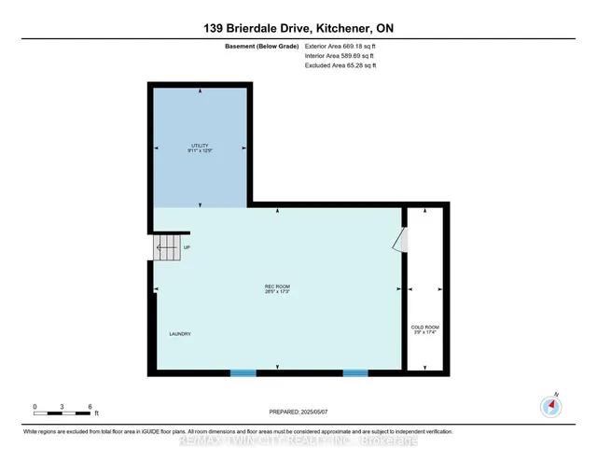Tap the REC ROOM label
278,286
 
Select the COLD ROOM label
425,327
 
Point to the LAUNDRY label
181,334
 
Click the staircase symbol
166,247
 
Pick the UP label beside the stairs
187,247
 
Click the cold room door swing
398,241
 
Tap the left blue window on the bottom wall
243,373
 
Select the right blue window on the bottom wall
354,373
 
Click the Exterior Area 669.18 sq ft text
344,46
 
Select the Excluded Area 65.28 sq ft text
343,65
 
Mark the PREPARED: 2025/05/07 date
298,410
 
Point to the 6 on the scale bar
89,407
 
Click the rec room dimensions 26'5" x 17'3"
278,292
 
